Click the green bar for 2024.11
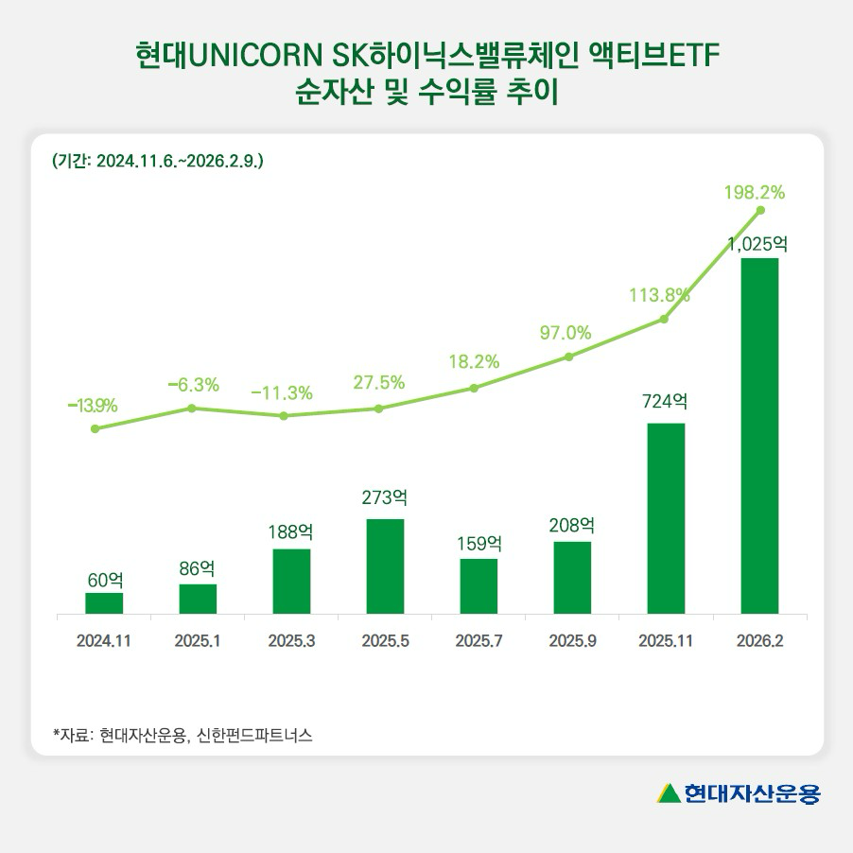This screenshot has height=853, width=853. (x=104, y=603)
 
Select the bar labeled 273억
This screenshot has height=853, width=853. (x=385, y=566)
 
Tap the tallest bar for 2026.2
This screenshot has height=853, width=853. (x=759, y=436)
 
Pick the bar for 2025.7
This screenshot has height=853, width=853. (x=479, y=586)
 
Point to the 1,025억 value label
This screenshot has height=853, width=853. (x=757, y=243)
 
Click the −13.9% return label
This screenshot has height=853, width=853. (x=93, y=406)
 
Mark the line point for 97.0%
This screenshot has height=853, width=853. (x=569, y=357)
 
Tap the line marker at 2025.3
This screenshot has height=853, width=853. (x=285, y=415)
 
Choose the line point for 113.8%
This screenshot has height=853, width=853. (x=664, y=320)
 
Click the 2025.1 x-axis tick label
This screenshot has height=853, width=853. (x=198, y=641)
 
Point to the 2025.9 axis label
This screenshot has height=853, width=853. (x=572, y=641)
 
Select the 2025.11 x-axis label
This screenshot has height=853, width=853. (x=666, y=641)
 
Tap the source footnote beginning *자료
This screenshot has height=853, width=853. (x=183, y=734)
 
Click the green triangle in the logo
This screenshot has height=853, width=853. (x=669, y=792)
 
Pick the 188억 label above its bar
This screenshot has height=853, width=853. (x=291, y=531)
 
